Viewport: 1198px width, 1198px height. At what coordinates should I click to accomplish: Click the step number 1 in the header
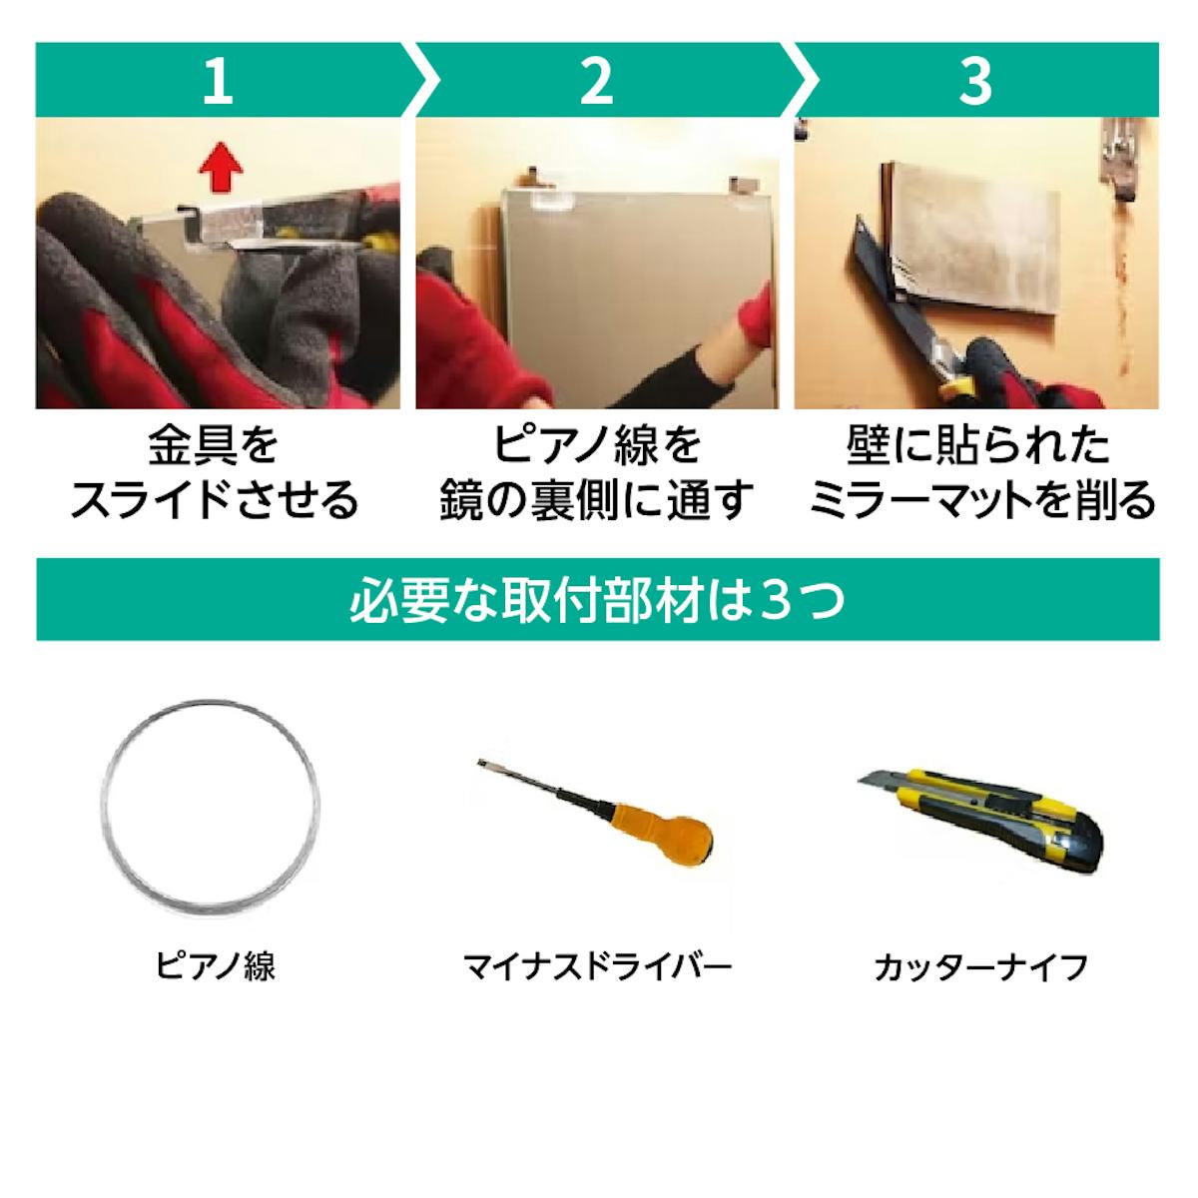217,80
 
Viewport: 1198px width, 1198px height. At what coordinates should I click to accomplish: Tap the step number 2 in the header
596,80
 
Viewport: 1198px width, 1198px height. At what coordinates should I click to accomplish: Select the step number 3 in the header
974,80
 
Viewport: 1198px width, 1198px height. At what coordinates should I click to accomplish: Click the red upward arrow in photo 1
220,165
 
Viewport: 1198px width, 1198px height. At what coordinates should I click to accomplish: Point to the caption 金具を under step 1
214,445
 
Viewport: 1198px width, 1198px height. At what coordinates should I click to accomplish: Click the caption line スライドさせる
214,499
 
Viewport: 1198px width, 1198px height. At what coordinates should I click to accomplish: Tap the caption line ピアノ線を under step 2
597,445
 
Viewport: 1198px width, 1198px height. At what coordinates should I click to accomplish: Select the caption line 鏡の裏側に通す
597,499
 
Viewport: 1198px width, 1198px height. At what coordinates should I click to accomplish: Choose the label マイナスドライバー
597,965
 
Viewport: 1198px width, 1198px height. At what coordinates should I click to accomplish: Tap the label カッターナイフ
979,965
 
